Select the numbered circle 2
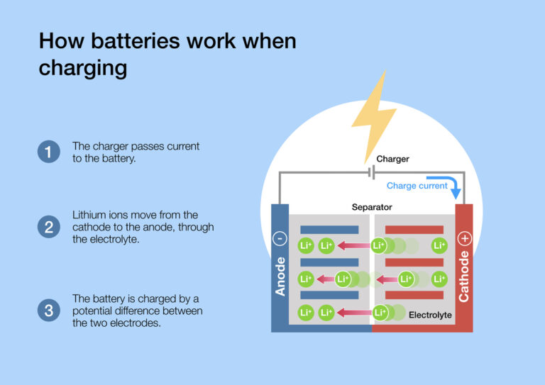48,227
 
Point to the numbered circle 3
48,310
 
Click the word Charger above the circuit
392,159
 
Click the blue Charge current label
417,186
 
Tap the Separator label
372,207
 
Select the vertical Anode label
280,277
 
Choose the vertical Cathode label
464,277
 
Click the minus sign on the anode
280,239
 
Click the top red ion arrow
354,246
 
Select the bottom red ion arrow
354,312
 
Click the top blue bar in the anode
329,230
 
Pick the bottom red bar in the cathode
414,295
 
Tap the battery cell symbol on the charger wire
371,172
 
